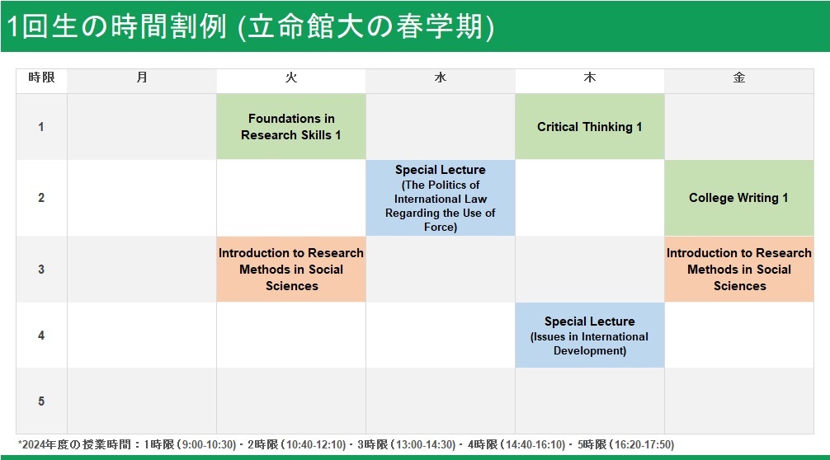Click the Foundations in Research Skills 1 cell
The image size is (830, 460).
pyautogui.click(x=291, y=127)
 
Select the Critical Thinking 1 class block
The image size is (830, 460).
pyautogui.click(x=590, y=127)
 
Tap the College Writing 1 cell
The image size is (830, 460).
pyautogui.click(x=739, y=198)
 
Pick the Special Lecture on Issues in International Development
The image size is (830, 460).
pyautogui.click(x=590, y=336)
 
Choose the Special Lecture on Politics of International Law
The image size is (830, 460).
pyautogui.click(x=441, y=198)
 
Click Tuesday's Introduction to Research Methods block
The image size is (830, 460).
pyautogui.click(x=291, y=269)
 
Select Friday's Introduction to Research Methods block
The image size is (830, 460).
pyautogui.click(x=739, y=269)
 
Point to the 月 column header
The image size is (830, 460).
pyautogui.click(x=142, y=77)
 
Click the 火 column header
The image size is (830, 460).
pyautogui.click(x=291, y=77)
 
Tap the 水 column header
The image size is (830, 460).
pyautogui.click(x=441, y=77)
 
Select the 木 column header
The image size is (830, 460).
pyautogui.click(x=590, y=77)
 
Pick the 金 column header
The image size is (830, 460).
pyautogui.click(x=739, y=77)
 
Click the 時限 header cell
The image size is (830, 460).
pyautogui.click(x=42, y=77)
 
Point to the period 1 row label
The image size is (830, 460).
pyautogui.click(x=41, y=127)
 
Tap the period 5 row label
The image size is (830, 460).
pyautogui.click(x=41, y=401)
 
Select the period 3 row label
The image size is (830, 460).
pyautogui.click(x=41, y=269)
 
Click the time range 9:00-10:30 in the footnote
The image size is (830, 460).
pyautogui.click(x=209, y=444)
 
